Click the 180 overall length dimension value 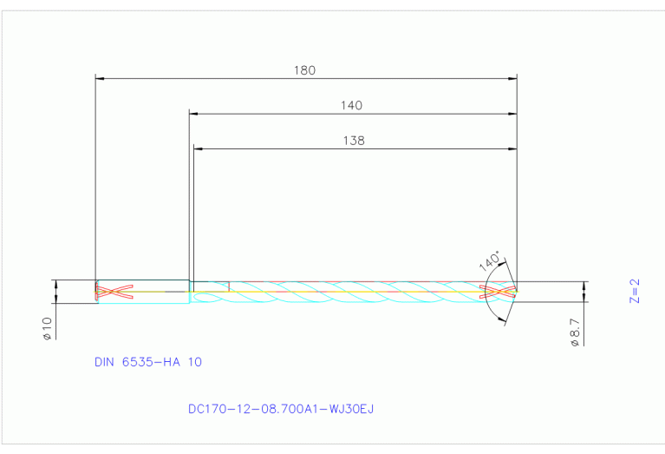coord(305,69)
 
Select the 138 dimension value coord(354,140)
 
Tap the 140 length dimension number coord(351,105)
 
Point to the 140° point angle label coord(490,260)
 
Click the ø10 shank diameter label coord(48,328)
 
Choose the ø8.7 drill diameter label coord(574,332)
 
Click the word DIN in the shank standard coord(105,362)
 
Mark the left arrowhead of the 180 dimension coord(99,78)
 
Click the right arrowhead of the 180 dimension coord(512,78)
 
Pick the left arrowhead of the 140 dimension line coord(194,114)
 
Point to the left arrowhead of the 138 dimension coord(199,148)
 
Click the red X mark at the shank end coord(114,292)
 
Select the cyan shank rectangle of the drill coord(142,292)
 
